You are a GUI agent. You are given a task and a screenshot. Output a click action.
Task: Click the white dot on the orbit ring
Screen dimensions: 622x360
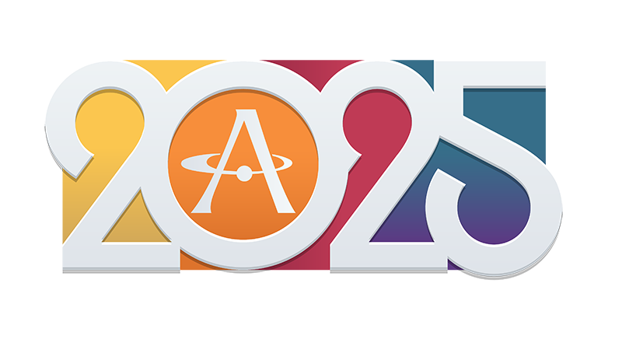[244, 174]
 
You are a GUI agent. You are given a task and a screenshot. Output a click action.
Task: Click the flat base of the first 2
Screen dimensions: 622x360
[121, 257]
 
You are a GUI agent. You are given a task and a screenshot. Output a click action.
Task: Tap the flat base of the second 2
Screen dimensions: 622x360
[389, 257]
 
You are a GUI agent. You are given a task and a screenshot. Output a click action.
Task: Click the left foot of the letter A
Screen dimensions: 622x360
[201, 210]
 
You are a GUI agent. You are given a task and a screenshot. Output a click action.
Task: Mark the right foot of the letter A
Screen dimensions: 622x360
[285, 210]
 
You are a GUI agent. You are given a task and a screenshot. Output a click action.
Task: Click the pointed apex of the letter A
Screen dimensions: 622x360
[246, 110]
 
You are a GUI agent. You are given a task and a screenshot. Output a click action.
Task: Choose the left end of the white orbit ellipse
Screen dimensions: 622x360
[182, 163]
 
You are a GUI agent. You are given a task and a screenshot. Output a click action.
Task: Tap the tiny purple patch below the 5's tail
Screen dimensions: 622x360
[454, 265]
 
